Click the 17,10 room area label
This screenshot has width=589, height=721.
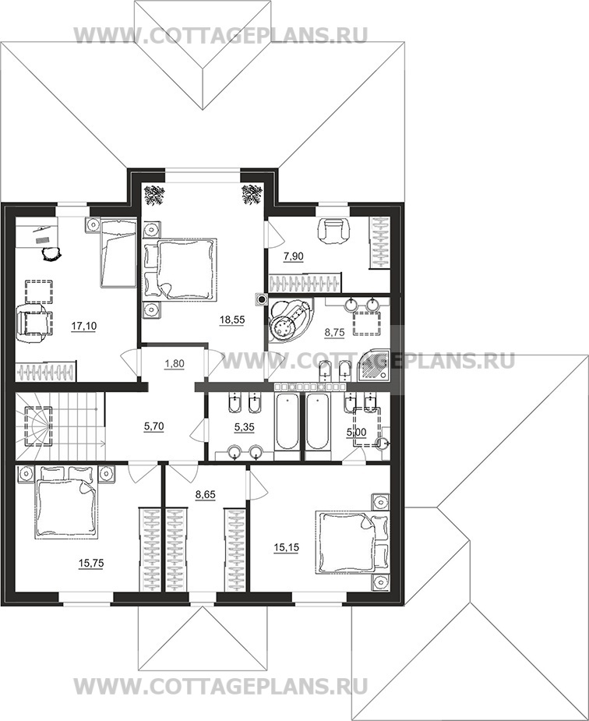[x=83, y=327]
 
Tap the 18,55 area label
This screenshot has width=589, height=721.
[x=232, y=320]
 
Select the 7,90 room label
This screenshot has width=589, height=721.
[x=293, y=256]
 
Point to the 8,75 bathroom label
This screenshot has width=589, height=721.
[x=334, y=333]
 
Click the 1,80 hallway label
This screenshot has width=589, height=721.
[x=174, y=364]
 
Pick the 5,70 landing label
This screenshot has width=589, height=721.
[x=153, y=426]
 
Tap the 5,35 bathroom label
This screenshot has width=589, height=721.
[x=244, y=428]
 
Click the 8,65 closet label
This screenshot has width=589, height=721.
[x=206, y=495]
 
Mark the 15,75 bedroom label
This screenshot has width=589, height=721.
[x=91, y=564]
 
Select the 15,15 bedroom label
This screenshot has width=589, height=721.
[x=286, y=548]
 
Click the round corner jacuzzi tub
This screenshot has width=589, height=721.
[x=289, y=320]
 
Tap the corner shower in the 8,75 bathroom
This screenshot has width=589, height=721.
[x=372, y=366]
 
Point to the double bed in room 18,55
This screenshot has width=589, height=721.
[x=180, y=270]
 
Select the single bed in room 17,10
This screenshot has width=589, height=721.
[x=118, y=253]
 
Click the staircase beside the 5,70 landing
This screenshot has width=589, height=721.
[x=60, y=426]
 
